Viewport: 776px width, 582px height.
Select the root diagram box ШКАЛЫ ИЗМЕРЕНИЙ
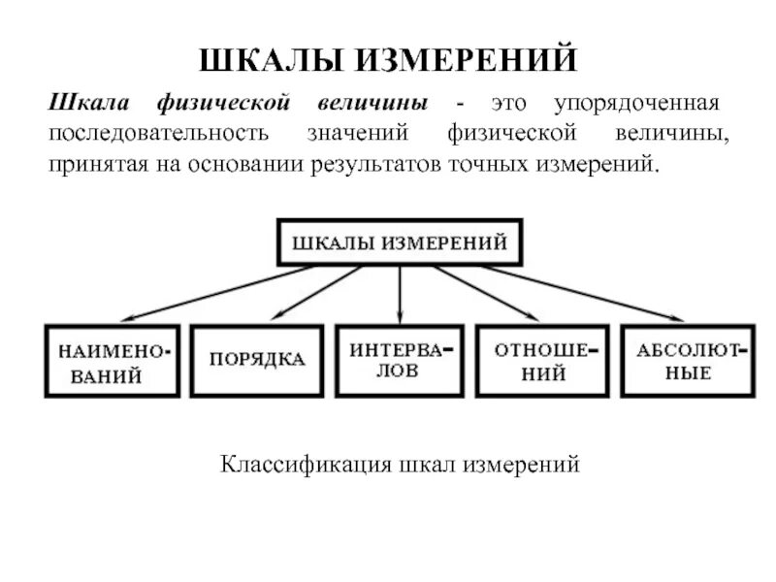point(401,242)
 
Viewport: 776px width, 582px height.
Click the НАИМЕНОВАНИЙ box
point(113,361)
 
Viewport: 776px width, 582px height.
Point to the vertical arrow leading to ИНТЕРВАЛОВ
point(401,291)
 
